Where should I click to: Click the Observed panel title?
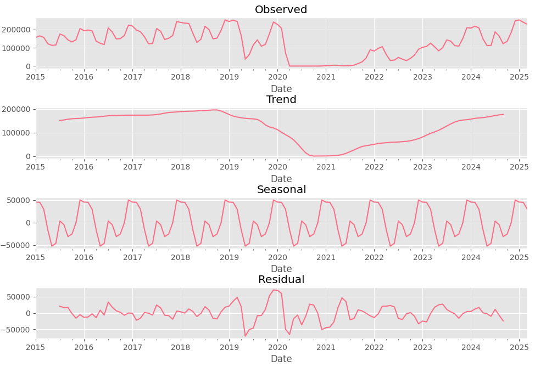pos(281,10)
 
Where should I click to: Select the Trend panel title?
pos(281,100)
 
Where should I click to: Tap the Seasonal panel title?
pos(281,190)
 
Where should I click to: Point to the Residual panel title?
pos(281,280)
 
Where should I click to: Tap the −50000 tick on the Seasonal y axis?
pos(16,245)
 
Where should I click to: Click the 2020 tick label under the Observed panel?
pos(277,77)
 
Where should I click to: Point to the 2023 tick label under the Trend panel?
pos(422,167)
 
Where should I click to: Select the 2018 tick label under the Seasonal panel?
pos(181,257)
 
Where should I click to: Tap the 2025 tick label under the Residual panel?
pos(519,347)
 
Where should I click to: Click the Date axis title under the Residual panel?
pos(281,359)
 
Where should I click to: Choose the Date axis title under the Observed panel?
pos(281,89)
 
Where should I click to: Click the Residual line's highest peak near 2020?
pos(274,290)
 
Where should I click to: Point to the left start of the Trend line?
pos(60,121)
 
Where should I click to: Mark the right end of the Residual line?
pos(503,321)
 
